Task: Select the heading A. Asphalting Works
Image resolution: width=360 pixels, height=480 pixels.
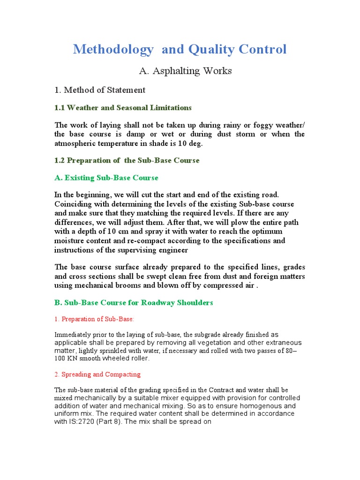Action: [185, 71]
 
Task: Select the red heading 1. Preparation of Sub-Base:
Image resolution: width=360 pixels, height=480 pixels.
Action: [94, 319]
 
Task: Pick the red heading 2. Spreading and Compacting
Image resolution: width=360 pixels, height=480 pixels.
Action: [97, 375]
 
